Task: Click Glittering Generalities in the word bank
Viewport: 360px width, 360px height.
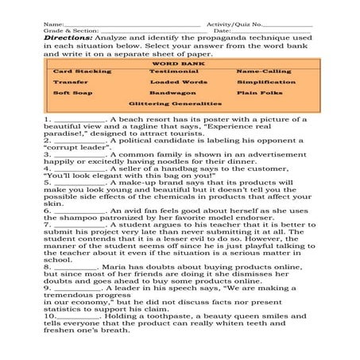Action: tap(176, 103)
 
